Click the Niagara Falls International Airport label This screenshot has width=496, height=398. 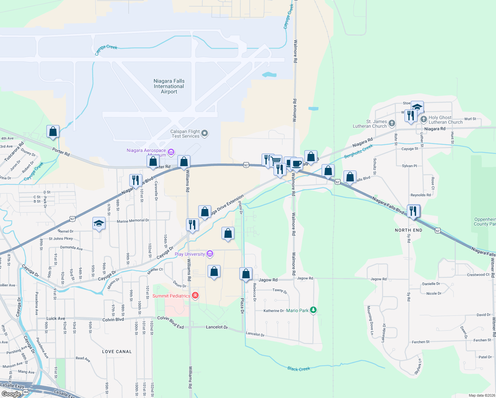click(x=169, y=86)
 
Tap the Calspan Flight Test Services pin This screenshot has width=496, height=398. click(x=205, y=133)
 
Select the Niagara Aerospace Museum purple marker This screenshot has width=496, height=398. click(x=171, y=152)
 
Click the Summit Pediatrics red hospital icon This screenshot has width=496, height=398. click(x=195, y=296)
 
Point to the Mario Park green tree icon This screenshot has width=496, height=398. click(x=313, y=310)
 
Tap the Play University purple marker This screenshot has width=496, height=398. click(x=210, y=254)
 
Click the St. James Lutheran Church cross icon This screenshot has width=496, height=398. click(x=392, y=124)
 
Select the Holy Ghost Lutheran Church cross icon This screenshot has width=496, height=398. click(x=423, y=119)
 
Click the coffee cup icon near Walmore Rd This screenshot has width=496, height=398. click(x=297, y=164)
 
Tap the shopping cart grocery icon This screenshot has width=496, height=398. click(x=276, y=161)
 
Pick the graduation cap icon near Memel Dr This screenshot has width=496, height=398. click(x=99, y=224)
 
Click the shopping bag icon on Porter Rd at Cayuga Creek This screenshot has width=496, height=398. click(x=53, y=131)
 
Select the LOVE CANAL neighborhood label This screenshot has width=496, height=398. click(x=117, y=352)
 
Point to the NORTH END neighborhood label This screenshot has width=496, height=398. click(x=408, y=230)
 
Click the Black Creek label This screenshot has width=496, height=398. click(x=299, y=369)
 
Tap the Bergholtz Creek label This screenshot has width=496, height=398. click(x=359, y=151)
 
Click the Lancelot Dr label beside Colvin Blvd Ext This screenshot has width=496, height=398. click(x=217, y=327)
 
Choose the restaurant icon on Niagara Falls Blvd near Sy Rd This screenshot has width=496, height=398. click(x=413, y=211)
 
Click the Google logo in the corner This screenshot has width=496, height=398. click(x=11, y=394)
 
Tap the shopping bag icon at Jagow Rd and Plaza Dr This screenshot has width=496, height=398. click(x=246, y=274)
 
